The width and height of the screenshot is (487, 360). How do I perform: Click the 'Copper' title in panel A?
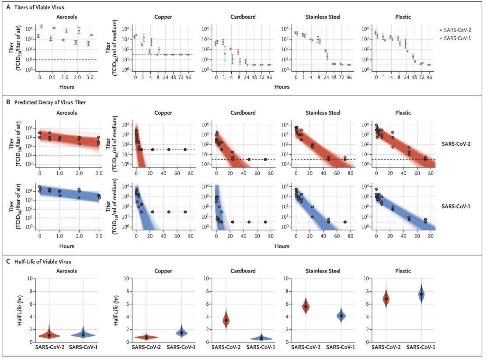point(162,17)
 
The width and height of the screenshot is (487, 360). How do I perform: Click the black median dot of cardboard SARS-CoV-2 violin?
point(226,320)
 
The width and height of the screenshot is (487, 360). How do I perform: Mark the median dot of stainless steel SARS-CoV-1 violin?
point(341,315)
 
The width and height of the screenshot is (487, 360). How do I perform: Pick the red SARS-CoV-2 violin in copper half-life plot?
point(146,337)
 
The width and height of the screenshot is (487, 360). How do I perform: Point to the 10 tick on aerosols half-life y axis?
point(29,278)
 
